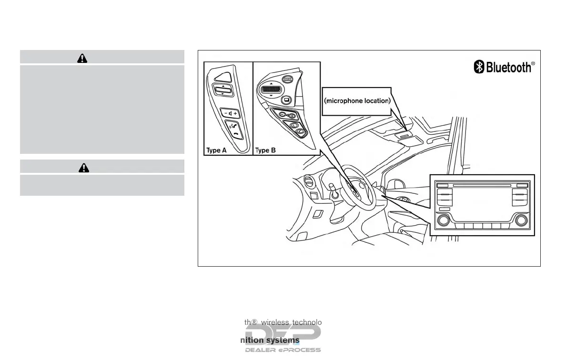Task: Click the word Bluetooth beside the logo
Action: [x=508, y=67]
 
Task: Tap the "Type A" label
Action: [x=216, y=150]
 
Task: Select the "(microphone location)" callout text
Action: [x=357, y=100]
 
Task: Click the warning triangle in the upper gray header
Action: [x=82, y=58]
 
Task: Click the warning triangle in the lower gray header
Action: [x=84, y=167]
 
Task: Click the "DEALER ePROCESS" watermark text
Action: [x=283, y=350]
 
